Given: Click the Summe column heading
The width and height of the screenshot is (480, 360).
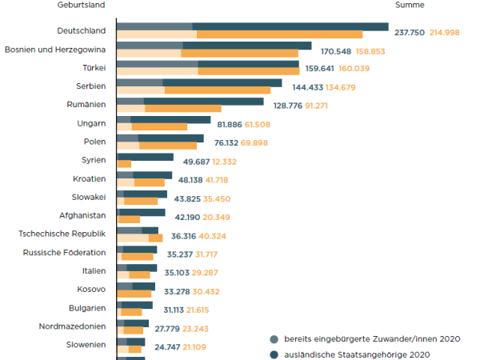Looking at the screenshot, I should click(410, 5).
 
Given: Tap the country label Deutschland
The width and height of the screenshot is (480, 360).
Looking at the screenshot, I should click(82, 32).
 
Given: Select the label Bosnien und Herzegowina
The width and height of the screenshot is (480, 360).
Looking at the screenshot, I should click(55, 50).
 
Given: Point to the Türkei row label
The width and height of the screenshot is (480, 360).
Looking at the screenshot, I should click(94, 67).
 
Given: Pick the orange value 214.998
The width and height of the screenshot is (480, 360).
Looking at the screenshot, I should click(446, 32).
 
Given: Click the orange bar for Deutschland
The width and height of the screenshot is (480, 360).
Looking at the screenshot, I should click(279, 34).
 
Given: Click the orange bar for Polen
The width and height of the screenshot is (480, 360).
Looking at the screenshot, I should click(168, 146).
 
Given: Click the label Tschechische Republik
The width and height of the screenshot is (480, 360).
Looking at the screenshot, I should click(62, 234).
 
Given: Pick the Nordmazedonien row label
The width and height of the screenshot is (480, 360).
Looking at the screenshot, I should click(72, 326).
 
